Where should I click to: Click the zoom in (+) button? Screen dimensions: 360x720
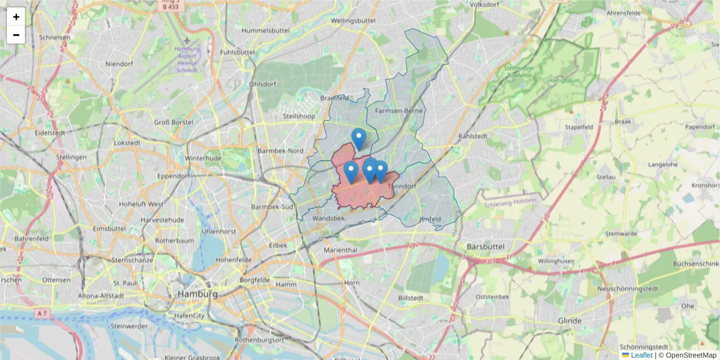pos(16,17)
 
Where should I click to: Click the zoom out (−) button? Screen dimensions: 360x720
pos(16,35)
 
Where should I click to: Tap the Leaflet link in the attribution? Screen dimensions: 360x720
pos(641,355)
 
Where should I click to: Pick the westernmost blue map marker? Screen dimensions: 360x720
pos(351,172)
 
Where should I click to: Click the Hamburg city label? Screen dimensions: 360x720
pos(197,294)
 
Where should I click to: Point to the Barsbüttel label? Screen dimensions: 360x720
pos(486,247)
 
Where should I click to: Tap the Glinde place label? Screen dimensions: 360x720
pos(569,321)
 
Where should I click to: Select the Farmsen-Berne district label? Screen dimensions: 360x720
pos(399,111)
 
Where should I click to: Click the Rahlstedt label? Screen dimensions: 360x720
pos(472,136)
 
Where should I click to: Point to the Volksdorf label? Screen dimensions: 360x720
pos(485,5)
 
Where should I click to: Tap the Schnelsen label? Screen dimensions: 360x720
pos(55,37)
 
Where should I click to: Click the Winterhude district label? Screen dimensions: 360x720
pos(203,158)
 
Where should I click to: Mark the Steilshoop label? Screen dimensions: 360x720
pos(299,116)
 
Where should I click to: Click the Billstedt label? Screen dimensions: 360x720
pos(411,298)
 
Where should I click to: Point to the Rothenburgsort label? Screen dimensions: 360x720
pos(259,340)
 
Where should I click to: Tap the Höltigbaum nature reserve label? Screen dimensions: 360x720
pos(563,80)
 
